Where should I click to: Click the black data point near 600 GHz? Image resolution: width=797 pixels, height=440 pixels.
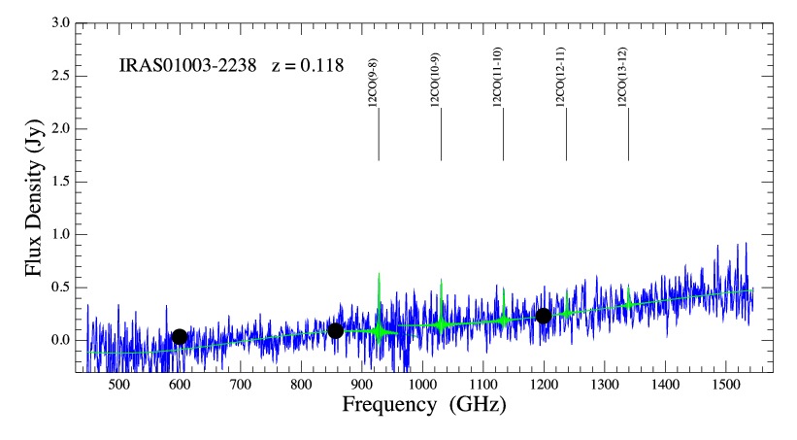180,337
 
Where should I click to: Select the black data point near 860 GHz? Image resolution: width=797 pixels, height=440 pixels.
336,331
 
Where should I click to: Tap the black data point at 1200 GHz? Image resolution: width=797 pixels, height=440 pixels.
544,316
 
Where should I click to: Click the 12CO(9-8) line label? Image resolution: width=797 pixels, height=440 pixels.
373,83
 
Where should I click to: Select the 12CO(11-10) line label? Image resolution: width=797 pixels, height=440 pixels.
498,77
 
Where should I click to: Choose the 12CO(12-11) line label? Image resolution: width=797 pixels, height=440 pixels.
560,77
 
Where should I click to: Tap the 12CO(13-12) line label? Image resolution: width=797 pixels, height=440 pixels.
622,77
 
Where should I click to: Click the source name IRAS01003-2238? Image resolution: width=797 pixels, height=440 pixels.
187,66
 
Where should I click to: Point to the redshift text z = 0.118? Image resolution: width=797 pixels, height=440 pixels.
308,66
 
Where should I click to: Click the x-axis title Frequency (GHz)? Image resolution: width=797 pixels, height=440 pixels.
424,405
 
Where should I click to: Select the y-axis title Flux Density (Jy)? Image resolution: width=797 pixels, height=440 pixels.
34,198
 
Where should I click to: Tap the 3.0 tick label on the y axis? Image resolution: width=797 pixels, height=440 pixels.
60,23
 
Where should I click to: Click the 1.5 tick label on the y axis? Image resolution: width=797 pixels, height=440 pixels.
60,182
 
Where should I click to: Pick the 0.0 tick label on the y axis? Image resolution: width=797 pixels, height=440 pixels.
60,340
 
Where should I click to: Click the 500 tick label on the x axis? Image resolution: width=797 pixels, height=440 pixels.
118,385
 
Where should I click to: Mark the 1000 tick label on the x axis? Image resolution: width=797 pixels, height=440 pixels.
422,385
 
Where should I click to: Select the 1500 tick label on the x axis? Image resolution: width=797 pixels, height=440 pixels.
725,385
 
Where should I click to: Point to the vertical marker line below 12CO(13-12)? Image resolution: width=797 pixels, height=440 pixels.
628,134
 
